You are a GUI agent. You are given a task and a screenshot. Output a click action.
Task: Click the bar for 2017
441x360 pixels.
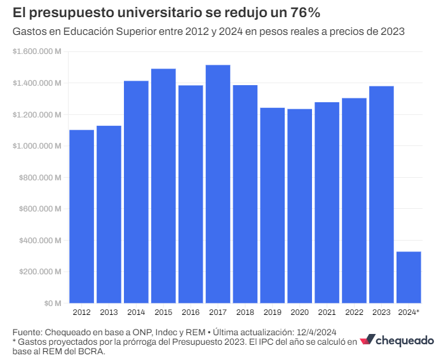(x=218, y=184)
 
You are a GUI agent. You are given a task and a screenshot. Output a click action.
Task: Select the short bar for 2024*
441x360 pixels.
(x=409, y=277)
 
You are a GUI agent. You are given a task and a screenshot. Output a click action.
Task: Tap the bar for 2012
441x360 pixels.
(x=81, y=217)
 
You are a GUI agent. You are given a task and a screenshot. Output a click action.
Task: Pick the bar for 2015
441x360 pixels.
(x=163, y=186)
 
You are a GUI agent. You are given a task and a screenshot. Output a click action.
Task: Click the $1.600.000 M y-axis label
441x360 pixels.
(x=37, y=52)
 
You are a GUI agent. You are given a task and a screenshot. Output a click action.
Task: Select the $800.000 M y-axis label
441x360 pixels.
(x=39, y=178)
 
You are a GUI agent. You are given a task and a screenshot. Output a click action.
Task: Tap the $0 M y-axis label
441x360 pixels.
(x=51, y=303)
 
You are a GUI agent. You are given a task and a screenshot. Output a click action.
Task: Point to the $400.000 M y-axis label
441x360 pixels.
(x=39, y=241)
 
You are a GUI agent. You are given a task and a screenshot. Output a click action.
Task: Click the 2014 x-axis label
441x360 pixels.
(x=136, y=312)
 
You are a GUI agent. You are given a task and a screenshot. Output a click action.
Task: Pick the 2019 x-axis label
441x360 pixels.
(x=272, y=312)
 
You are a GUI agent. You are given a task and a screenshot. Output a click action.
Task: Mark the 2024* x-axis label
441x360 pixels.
(x=409, y=312)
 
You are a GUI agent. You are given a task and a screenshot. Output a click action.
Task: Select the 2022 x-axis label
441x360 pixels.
(x=354, y=312)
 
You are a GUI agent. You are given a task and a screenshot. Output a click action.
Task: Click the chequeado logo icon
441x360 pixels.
(x=367, y=340)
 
